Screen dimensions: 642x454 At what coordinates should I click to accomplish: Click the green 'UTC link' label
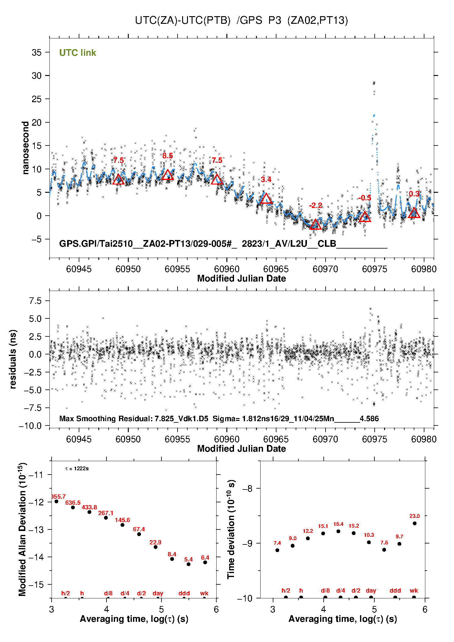pyautogui.click(x=77, y=53)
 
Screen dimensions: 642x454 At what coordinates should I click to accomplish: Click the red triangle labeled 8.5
pyautogui.click(x=168, y=175)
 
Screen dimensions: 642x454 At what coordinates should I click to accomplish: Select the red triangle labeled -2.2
pyautogui.click(x=315, y=225)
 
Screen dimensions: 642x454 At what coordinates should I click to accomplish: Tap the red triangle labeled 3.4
pyautogui.click(x=266, y=199)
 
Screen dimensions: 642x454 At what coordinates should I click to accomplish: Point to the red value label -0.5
pyautogui.click(x=365, y=198)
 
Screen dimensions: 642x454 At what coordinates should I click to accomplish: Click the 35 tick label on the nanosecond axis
pyautogui.click(x=37, y=52)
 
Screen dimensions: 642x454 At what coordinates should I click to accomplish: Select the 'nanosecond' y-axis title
pyautogui.click(x=26, y=148)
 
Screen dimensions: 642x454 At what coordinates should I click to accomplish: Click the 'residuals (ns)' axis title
pyautogui.click(x=13, y=359)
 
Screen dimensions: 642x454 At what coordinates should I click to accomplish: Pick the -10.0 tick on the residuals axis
pyautogui.click(x=30, y=426)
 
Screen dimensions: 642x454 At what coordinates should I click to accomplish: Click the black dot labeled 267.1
pyautogui.click(x=106, y=518)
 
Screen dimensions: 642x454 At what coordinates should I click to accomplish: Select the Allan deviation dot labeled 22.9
pyautogui.click(x=156, y=547)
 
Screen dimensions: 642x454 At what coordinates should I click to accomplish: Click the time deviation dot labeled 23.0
pyautogui.click(x=415, y=523)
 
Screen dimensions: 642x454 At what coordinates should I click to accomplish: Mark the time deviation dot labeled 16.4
pyautogui.click(x=338, y=531)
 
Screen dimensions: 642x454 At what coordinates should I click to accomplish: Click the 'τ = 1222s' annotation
pyautogui.click(x=77, y=468)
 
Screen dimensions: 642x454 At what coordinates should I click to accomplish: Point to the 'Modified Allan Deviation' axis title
pyautogui.click(x=23, y=529)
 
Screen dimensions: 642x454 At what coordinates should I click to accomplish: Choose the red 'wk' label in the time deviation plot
pyautogui.click(x=414, y=590)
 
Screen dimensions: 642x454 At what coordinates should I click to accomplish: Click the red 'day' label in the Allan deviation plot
pyautogui.click(x=158, y=593)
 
